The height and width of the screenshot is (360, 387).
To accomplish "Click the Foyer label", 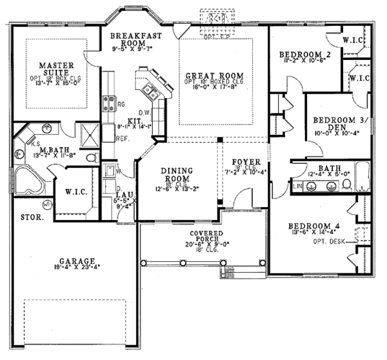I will point(246,161).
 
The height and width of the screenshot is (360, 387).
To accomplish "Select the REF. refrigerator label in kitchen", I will point(122,138).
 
